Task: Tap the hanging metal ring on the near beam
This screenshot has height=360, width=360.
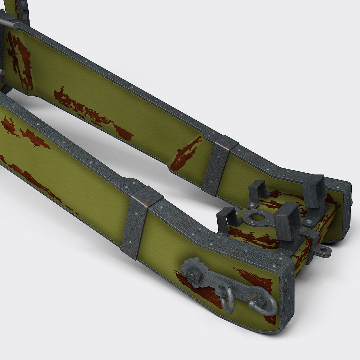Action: tap(227, 300)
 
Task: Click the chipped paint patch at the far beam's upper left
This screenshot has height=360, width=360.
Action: tap(20, 62)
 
